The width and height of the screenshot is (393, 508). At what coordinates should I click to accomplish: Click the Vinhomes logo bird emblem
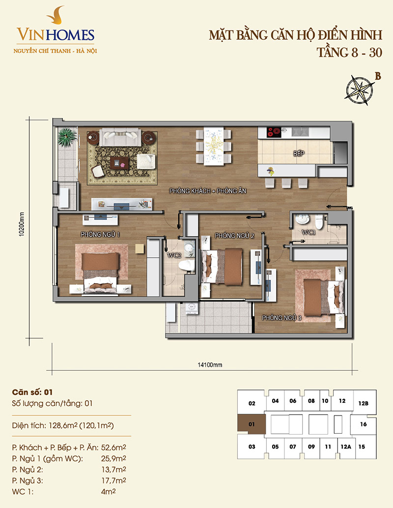[55, 15]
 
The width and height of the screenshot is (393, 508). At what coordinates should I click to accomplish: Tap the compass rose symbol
[359, 90]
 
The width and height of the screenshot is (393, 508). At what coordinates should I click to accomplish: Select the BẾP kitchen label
[299, 153]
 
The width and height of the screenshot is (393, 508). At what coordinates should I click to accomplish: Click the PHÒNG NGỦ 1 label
[100, 234]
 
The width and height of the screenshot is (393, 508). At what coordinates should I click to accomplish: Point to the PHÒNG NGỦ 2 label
[235, 236]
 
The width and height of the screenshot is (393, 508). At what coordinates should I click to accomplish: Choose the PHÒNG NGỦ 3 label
[281, 318]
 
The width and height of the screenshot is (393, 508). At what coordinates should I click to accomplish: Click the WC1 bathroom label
[308, 232]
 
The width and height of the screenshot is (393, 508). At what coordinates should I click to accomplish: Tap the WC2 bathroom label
[174, 255]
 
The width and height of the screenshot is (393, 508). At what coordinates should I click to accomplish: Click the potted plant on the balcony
[67, 137]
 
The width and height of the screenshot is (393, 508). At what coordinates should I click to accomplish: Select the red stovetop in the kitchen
[274, 132]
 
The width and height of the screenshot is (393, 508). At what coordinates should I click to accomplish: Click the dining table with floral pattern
[214, 146]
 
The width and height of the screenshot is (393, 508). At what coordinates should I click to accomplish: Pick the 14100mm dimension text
[210, 365]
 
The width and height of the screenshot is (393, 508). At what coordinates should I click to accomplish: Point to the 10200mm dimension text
[22, 224]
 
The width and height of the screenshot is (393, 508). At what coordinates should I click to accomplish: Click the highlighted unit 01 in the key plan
[252, 424]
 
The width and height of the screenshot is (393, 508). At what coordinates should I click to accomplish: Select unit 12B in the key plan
[363, 403]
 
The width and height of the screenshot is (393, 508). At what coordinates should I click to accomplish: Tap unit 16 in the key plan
[363, 424]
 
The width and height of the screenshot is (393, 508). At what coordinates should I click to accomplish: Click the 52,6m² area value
[113, 448]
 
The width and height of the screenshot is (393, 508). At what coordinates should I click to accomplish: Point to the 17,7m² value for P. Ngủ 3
[113, 480]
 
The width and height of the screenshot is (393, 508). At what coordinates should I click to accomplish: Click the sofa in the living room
[120, 137]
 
